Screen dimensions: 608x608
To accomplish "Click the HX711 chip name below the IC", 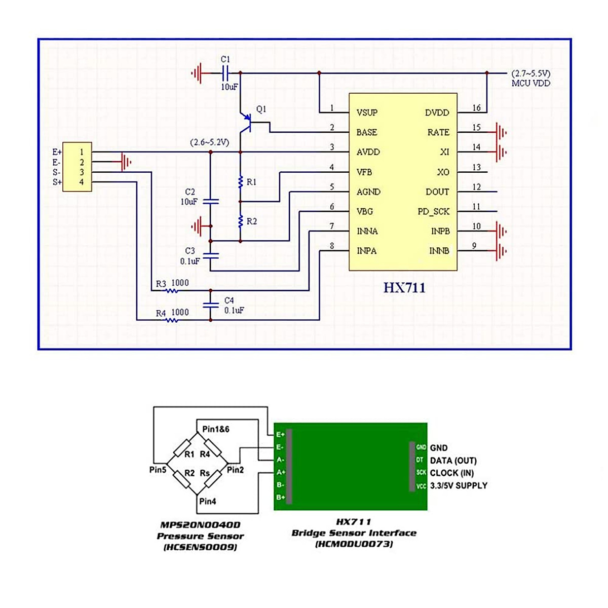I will point(404,288).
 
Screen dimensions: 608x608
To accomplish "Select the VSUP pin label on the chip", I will point(367,112).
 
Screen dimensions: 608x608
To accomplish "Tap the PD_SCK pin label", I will point(433,211).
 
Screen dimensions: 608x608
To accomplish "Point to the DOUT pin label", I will point(437,192).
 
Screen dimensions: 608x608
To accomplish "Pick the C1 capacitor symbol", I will point(226,73).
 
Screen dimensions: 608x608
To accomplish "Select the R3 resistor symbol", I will point(172,291).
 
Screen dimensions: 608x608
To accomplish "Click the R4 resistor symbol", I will point(172,320).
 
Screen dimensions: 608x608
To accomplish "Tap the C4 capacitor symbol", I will point(211,306).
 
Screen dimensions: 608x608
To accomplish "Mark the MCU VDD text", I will point(530,84).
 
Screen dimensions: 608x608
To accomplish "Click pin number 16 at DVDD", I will point(476,108).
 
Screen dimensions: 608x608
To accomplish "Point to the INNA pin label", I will point(367,231).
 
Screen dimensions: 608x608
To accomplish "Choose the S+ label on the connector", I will point(57,182).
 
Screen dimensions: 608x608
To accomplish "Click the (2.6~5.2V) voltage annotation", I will point(209,142).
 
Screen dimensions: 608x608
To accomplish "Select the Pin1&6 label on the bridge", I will point(216,429).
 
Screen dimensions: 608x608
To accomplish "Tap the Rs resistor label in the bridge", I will point(205,473).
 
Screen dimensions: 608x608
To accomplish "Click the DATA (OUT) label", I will point(453,461).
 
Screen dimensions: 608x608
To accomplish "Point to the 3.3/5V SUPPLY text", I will point(459,485).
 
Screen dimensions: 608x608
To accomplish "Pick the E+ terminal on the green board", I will point(280,435).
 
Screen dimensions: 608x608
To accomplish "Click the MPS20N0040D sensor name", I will point(200,525).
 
